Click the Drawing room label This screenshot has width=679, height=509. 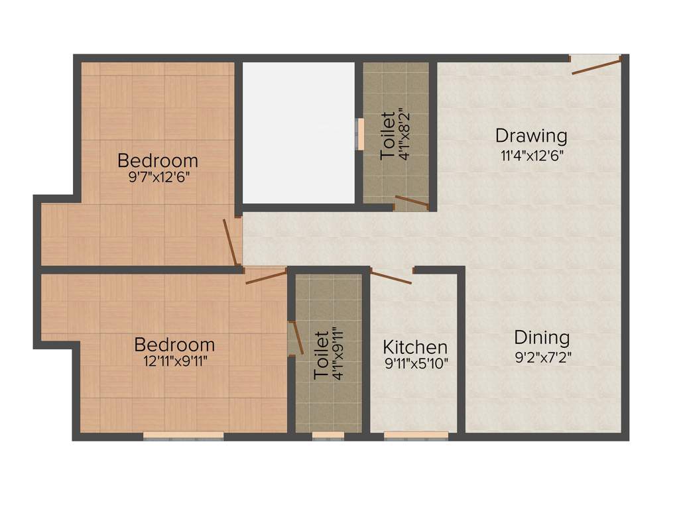coord(531,136)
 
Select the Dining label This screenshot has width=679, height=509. coord(542,337)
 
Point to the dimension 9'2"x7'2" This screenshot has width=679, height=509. coord(542,357)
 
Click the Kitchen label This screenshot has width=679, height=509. coord(415,347)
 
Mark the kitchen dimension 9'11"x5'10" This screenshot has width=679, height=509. coord(416,363)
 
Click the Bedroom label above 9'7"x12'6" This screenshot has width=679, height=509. coord(158,160)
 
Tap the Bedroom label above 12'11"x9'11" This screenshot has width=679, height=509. coord(174,345)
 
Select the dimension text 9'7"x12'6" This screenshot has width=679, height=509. coord(158,178)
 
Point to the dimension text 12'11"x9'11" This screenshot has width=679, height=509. coord(174,361)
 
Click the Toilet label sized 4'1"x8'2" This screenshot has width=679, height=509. coord(388,136)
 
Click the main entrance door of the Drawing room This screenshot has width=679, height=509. coord(596,65)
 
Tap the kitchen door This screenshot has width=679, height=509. coord(391,276)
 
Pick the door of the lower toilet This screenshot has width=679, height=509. coord(296,337)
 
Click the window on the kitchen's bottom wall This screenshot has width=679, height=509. coord(416,435)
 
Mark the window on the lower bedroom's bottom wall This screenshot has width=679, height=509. coord(184,435)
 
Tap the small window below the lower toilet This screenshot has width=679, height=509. coord(328,435)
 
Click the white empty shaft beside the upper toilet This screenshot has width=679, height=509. coord(298,133)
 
